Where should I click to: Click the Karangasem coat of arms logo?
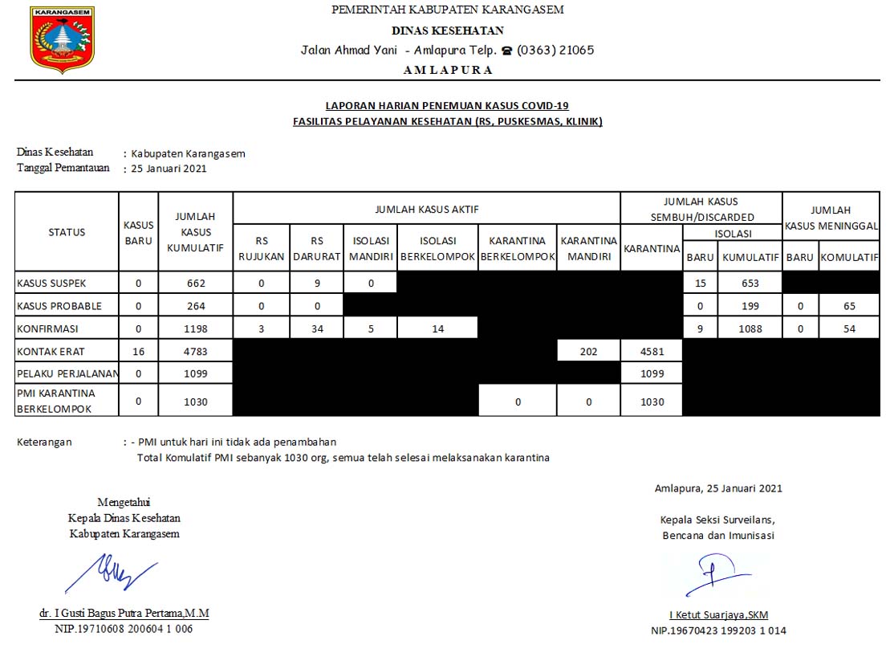(63, 39)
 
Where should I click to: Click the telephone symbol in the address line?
(506, 50)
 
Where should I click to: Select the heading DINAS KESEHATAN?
(447, 31)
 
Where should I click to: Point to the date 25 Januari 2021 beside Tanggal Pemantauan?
(169, 169)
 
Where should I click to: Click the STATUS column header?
(67, 232)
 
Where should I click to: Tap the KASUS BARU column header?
(138, 232)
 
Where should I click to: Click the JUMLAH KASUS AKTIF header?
(426, 209)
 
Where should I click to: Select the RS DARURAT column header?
(317, 248)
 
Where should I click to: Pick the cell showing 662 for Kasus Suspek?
(195, 283)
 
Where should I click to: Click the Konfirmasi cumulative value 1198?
(195, 328)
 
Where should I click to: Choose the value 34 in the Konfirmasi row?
(317, 328)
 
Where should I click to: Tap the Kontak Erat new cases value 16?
(138, 350)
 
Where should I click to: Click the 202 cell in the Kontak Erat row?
(588, 350)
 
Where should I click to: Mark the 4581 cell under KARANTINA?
(651, 350)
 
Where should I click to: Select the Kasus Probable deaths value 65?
(849, 306)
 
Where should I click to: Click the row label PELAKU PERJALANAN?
(67, 373)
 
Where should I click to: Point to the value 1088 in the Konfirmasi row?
(750, 328)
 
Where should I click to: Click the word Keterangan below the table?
(44, 442)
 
